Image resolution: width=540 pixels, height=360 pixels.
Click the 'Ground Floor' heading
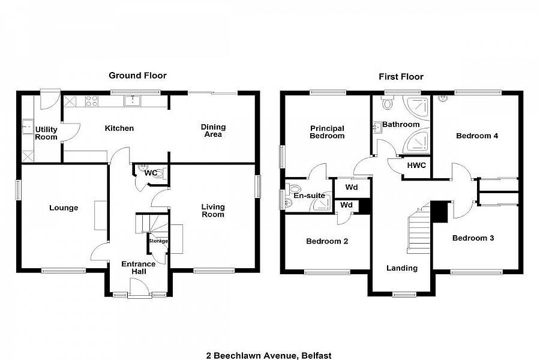137,76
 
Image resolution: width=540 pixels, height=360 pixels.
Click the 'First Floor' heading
401,77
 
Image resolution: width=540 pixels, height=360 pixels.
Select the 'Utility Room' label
46,133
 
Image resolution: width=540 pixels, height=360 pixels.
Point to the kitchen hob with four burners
92,101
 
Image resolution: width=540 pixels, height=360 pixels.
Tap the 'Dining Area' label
213,131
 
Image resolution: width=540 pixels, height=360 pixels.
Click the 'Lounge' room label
64,208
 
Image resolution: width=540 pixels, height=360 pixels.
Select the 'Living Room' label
213,211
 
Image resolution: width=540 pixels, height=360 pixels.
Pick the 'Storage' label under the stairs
158,241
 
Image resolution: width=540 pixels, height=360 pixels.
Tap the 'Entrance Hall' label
139,268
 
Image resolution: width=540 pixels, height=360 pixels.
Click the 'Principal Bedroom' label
327,132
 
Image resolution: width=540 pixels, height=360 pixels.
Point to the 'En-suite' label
309,196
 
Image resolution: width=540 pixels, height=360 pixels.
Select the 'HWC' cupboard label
416,166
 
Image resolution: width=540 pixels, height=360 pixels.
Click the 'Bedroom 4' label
477,136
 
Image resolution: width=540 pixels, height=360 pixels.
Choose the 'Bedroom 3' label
473,238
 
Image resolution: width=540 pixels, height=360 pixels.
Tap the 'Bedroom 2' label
327,242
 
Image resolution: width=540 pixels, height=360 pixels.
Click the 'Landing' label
401,268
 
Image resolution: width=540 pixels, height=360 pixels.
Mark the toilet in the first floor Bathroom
387,104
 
